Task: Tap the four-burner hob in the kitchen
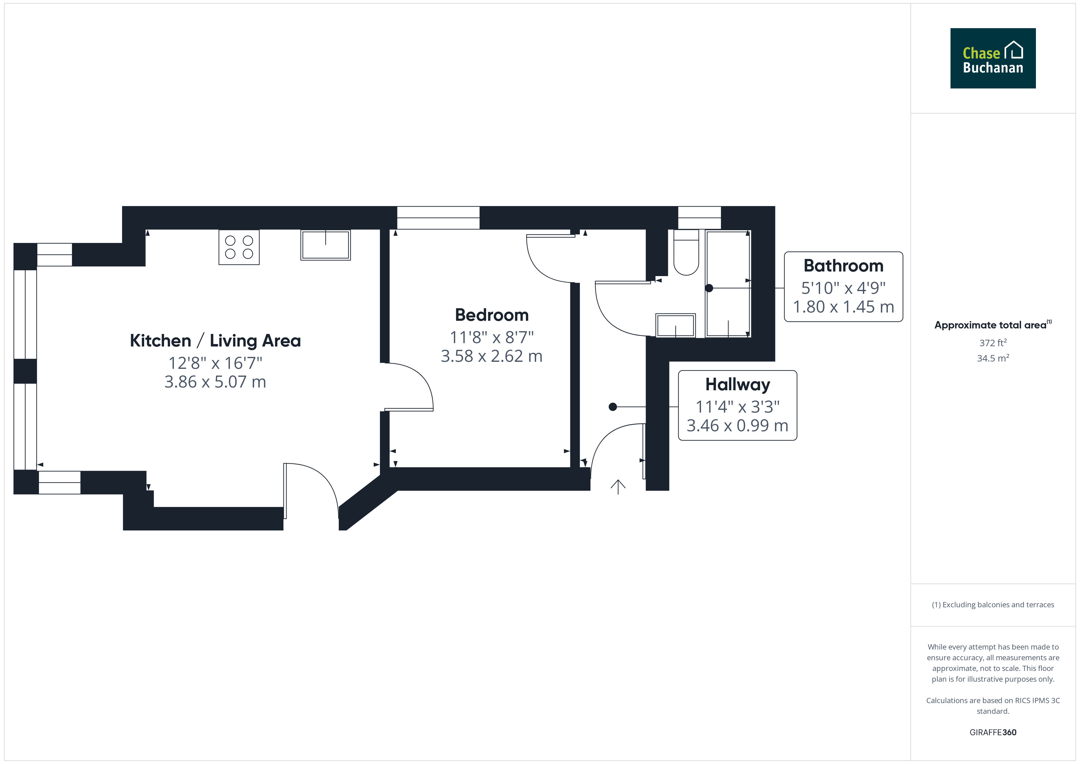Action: (x=239, y=247)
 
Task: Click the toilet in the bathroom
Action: (x=686, y=252)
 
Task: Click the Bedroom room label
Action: (x=492, y=315)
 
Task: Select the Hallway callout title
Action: (x=737, y=385)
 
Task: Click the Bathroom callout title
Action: (x=843, y=266)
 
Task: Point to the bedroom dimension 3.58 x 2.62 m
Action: (x=492, y=356)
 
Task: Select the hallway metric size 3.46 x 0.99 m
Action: (x=737, y=425)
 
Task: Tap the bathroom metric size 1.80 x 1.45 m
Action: (x=843, y=307)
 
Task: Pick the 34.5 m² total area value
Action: (x=993, y=358)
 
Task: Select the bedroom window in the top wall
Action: (x=438, y=218)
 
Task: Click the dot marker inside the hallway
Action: (x=613, y=407)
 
